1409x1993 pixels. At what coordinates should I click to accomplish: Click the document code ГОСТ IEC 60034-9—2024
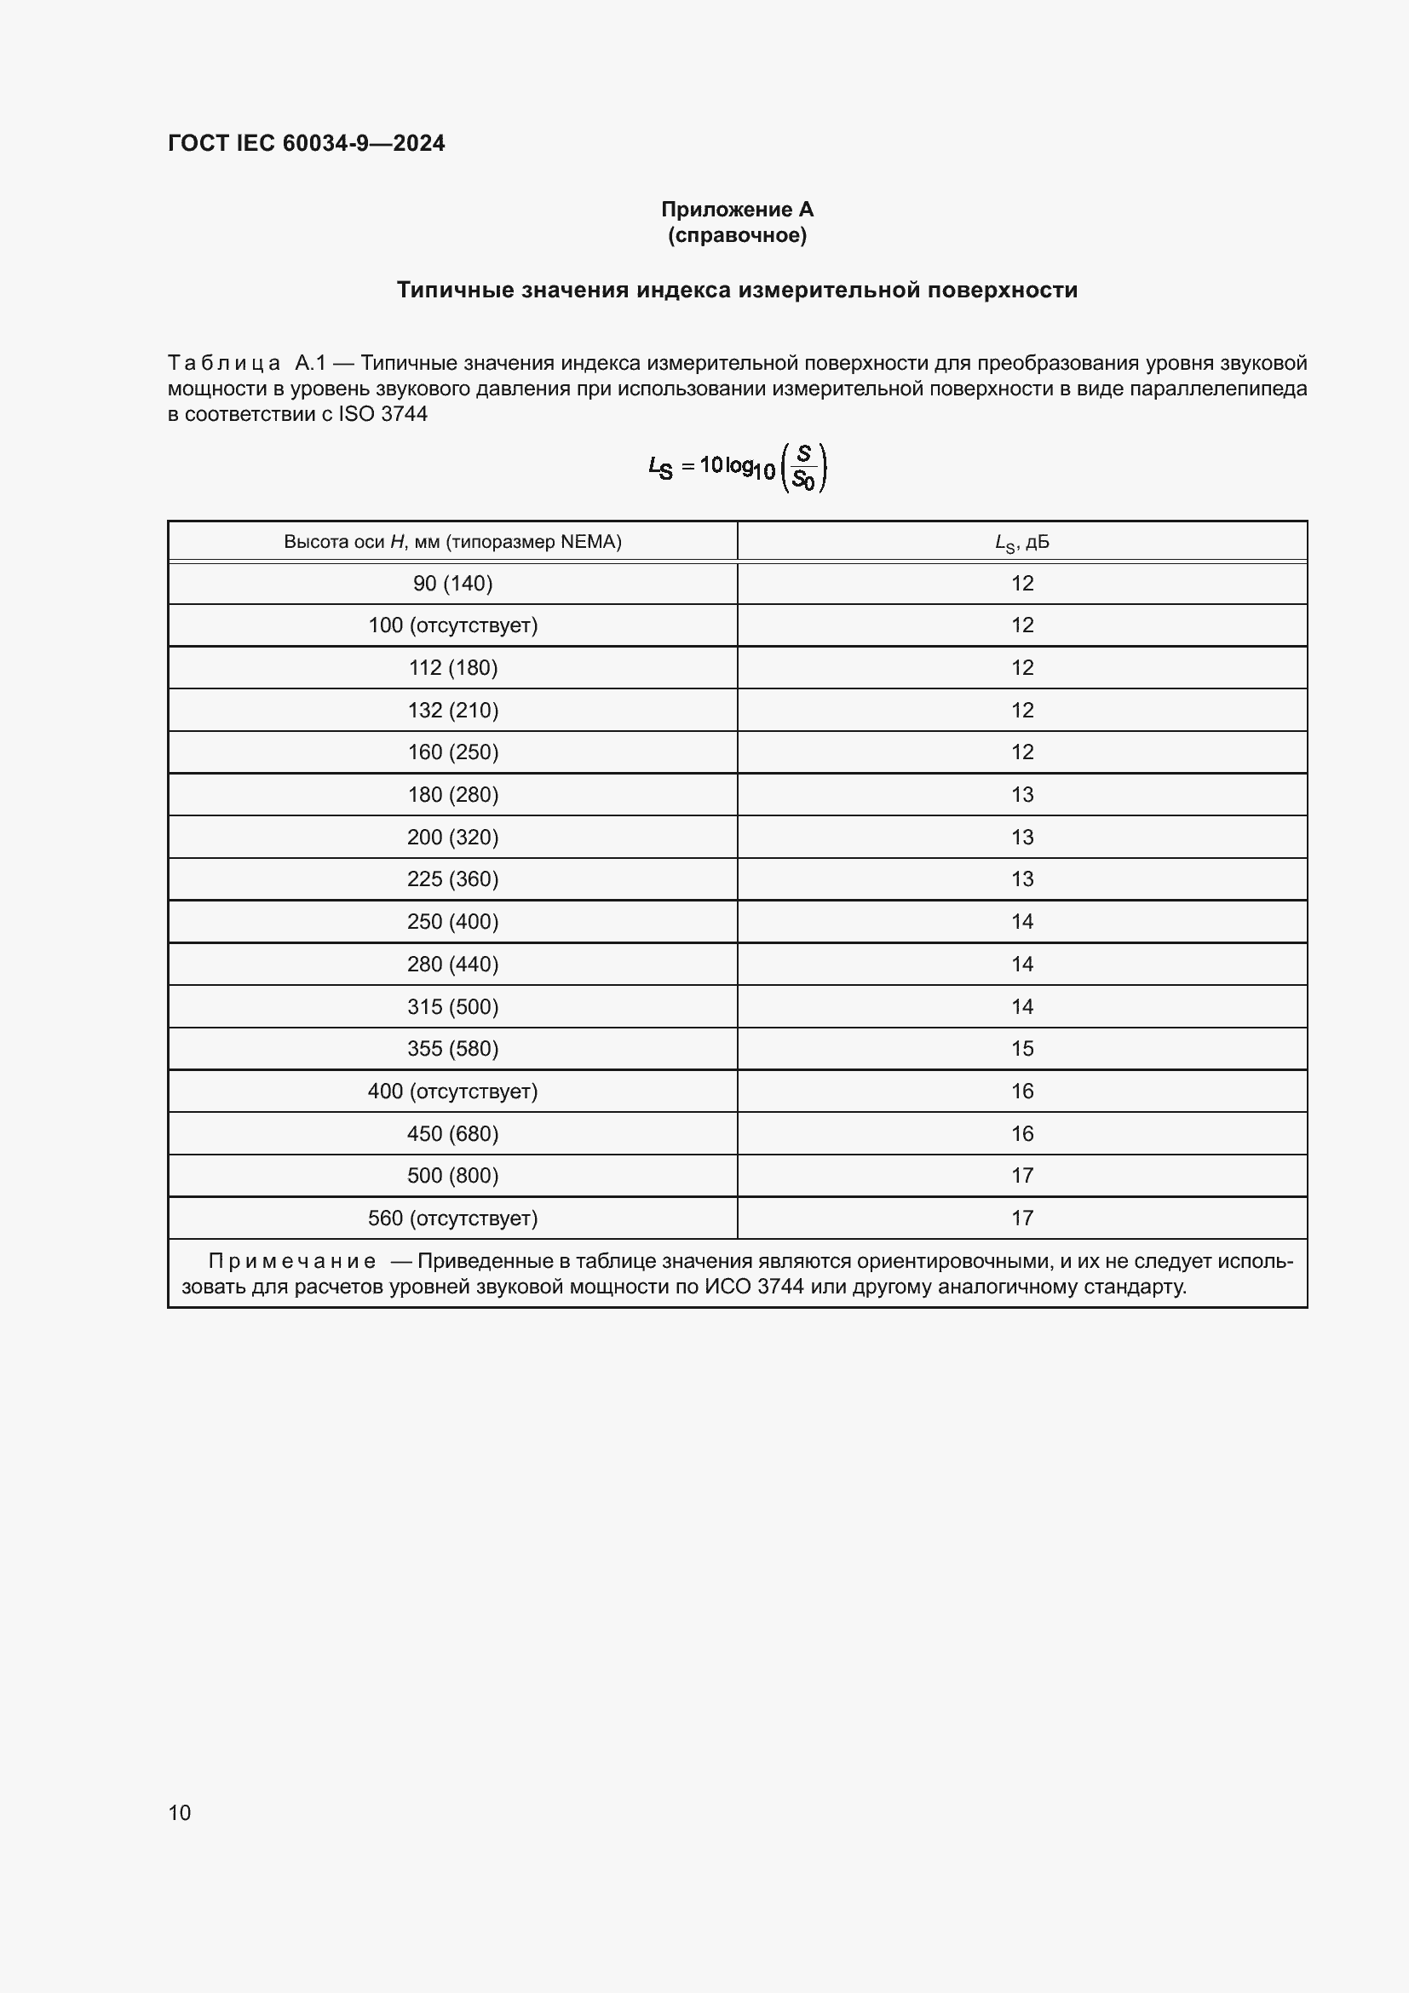point(307,143)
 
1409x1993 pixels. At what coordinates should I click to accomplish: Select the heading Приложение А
point(737,210)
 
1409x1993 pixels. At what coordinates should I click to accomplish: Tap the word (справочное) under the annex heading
point(737,235)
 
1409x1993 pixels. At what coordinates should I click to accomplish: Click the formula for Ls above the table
point(737,467)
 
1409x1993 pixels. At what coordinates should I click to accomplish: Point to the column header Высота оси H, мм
point(452,542)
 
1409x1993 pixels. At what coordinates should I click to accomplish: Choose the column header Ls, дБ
point(1021,543)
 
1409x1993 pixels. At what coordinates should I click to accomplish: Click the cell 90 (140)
point(452,584)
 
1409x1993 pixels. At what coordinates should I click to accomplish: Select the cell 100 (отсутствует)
point(452,625)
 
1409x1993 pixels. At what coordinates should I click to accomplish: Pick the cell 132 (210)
point(452,710)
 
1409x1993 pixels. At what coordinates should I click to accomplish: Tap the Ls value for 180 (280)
point(1021,794)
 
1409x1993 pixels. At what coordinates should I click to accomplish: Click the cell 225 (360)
point(452,878)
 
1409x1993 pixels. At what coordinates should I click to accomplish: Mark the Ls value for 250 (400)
point(1021,921)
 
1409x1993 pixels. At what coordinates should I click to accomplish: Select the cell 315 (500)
point(452,1006)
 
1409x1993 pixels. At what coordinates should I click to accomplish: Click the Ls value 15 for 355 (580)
point(1021,1048)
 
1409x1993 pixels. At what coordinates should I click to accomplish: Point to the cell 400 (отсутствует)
point(452,1091)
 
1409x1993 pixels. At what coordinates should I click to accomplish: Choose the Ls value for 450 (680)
point(1021,1132)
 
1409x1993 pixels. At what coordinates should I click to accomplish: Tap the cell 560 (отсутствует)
point(452,1218)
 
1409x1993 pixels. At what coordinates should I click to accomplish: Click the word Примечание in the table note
point(292,1260)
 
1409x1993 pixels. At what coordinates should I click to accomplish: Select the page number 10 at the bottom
point(180,1812)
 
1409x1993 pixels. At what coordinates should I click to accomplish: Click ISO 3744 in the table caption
point(382,414)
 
